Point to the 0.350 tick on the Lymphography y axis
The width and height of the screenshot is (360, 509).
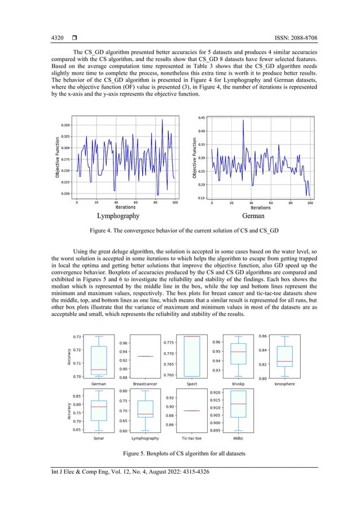pyautogui.click(x=65, y=125)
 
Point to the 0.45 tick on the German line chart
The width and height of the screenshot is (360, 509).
pyautogui.click(x=201, y=118)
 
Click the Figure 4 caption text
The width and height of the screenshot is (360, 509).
pyautogui.click(x=179, y=232)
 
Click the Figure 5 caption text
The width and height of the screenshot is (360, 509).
pyautogui.click(x=179, y=454)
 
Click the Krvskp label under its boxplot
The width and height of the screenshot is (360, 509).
pyautogui.click(x=238, y=384)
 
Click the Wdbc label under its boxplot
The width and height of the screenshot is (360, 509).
pyautogui.click(x=238, y=438)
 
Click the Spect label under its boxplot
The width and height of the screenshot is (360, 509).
pyautogui.click(x=191, y=384)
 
